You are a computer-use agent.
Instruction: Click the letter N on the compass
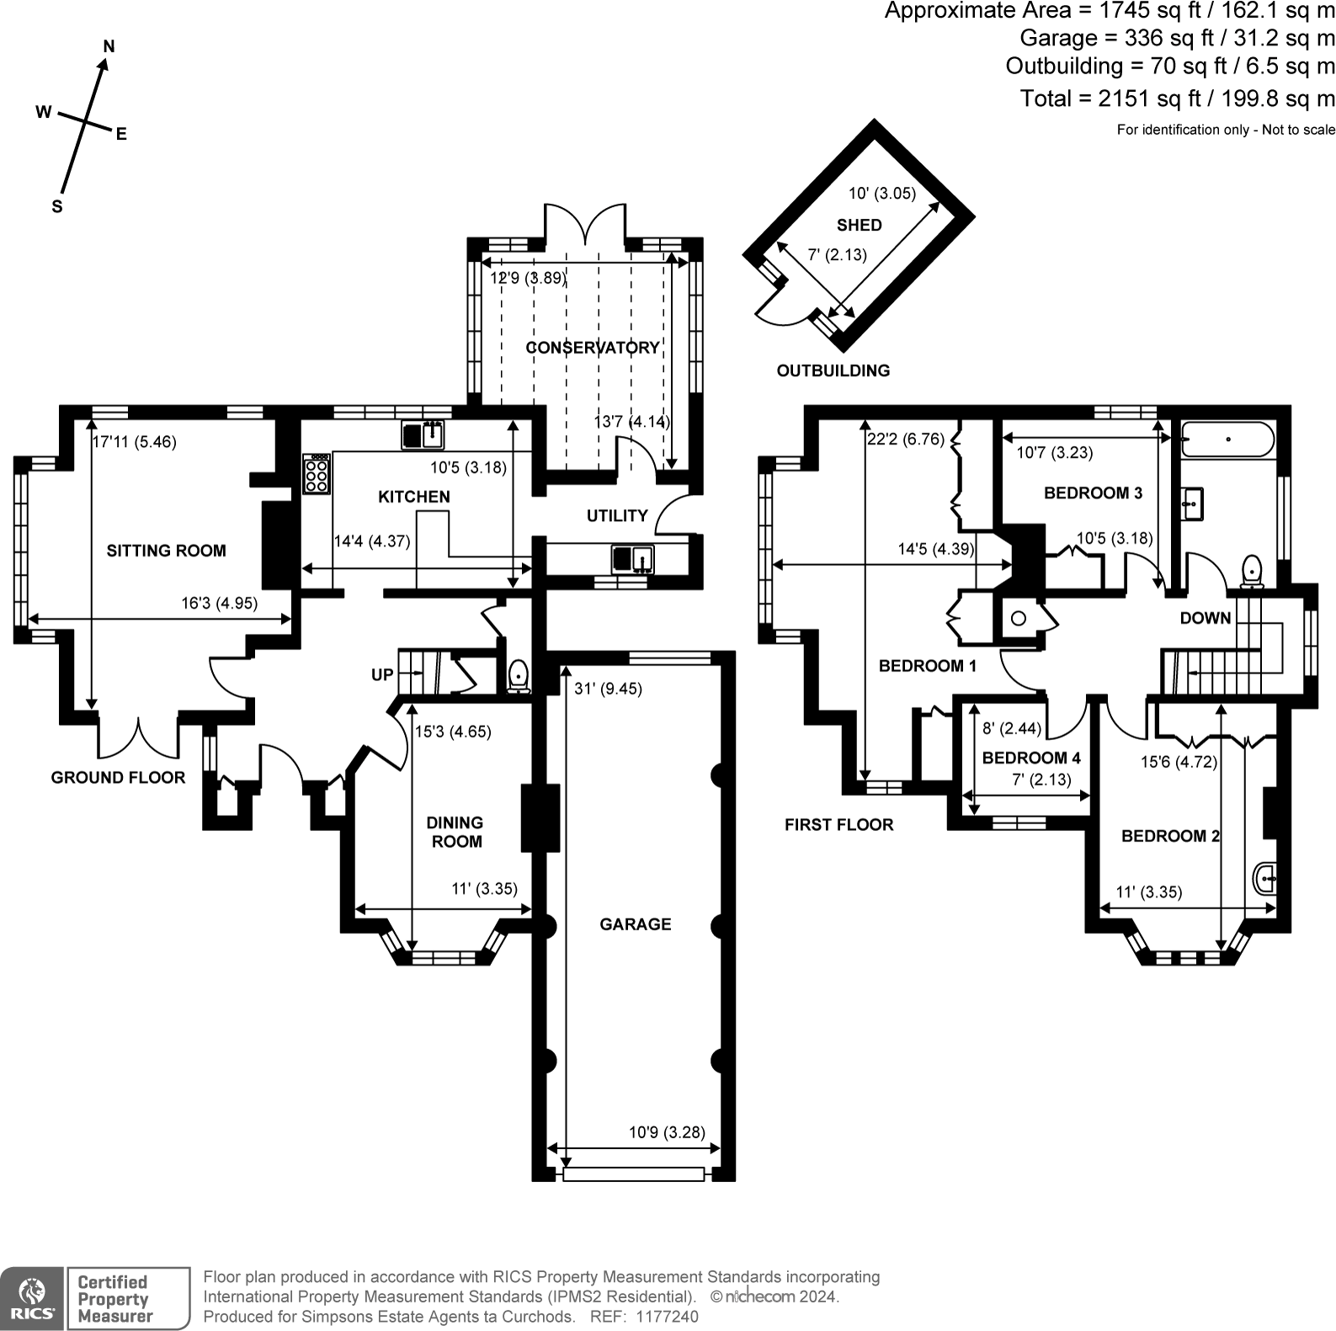[109, 46]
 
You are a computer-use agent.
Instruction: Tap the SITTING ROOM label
[166, 551]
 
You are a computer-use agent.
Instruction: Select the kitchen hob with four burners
[317, 474]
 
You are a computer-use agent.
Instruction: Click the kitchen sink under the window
[423, 435]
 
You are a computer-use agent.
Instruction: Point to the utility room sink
[632, 559]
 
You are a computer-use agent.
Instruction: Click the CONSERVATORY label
[593, 348]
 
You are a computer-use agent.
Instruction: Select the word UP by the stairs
[382, 674]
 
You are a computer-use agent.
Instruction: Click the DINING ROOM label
[455, 831]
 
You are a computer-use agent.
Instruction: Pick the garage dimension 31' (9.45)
[608, 689]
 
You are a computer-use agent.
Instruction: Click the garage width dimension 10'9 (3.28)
[667, 1132]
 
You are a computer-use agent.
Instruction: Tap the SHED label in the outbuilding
[859, 225]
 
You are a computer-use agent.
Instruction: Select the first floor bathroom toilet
[1252, 570]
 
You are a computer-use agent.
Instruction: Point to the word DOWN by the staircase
[1205, 618]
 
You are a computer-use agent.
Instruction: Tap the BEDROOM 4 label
[1030, 758]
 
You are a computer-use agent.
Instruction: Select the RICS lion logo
[31, 1298]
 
